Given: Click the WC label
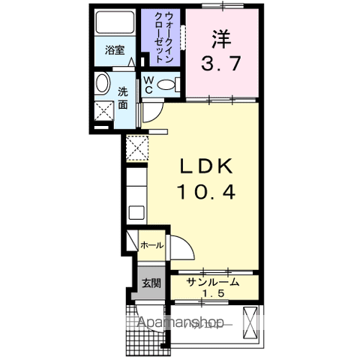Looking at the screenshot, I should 148,84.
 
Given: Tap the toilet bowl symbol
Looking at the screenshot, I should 171,83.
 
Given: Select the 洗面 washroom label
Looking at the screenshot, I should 124,98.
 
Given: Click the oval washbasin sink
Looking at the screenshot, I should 103,84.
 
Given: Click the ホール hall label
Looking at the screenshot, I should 151,245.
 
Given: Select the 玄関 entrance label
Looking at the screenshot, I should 151,283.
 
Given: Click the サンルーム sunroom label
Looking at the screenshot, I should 214,282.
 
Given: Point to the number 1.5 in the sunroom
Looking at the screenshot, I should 214,293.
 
